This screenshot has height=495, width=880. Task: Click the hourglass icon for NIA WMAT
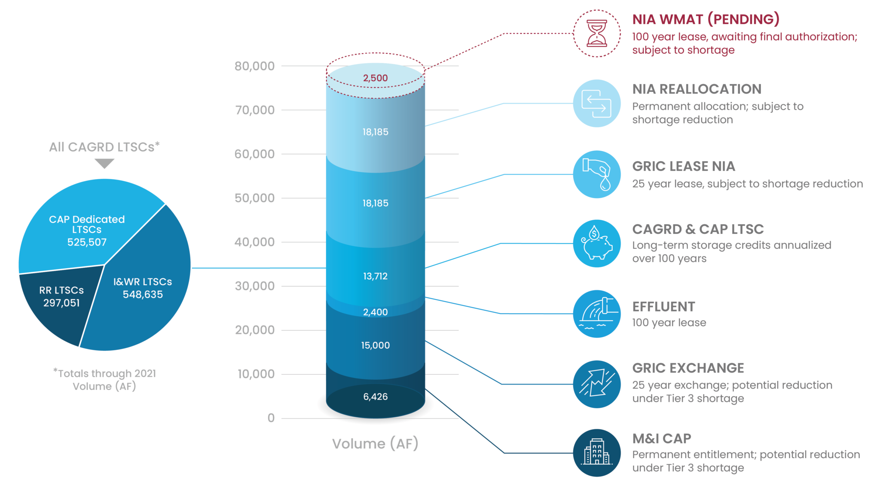coord(596,33)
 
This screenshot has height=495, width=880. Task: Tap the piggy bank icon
coord(596,244)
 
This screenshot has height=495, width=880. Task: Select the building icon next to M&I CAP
coord(596,452)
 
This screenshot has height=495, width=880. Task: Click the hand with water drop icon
coord(596,174)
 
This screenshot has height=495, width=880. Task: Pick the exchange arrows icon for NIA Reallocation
coord(596,103)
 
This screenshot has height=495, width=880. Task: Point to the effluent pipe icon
coord(596,314)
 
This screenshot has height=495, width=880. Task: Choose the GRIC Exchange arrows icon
coord(596,384)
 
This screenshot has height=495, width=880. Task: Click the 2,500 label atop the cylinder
coord(375,78)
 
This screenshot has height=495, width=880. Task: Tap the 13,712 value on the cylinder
coord(375,276)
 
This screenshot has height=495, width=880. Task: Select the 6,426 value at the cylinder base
coord(375,397)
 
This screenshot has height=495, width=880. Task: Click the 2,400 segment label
coord(375,312)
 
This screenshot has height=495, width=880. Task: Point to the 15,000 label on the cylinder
coord(375,345)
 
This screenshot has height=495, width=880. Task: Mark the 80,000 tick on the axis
coord(254,66)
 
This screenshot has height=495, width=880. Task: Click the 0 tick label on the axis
coord(271,418)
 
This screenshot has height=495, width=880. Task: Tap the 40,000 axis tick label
coord(254,242)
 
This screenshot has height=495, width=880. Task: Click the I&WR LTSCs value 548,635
coord(143,295)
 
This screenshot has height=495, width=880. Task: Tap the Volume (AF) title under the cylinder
coord(375,443)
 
